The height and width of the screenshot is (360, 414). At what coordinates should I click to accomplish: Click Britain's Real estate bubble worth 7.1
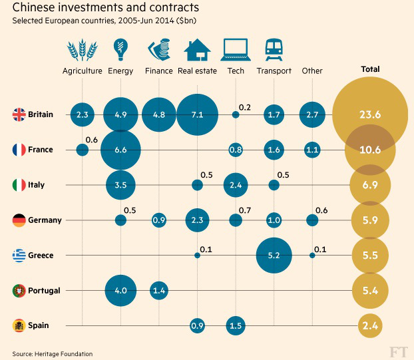[x=197, y=114]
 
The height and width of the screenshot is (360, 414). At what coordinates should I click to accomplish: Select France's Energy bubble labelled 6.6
[x=120, y=150]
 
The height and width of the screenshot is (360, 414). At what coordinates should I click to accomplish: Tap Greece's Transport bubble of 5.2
[x=274, y=255]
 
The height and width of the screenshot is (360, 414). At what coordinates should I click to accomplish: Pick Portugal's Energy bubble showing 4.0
[x=120, y=291]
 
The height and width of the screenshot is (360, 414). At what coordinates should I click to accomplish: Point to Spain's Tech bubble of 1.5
[x=235, y=325]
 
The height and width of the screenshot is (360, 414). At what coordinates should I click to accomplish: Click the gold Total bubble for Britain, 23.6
[x=369, y=114]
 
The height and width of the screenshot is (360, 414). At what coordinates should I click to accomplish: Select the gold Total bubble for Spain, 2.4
[x=369, y=325]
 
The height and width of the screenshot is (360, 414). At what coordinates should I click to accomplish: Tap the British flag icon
[x=19, y=114]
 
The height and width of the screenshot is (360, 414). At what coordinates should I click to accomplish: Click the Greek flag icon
[x=19, y=255]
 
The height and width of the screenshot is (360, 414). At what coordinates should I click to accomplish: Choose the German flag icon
[x=19, y=220]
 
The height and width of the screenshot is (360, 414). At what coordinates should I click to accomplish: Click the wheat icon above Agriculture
[x=82, y=50]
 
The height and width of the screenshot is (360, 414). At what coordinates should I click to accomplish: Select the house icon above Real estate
[x=197, y=50]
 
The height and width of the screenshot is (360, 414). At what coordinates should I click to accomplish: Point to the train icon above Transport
[x=274, y=50]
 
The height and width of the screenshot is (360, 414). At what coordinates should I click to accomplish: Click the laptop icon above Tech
[x=235, y=51]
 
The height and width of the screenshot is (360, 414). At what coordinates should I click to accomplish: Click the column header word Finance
[x=158, y=71]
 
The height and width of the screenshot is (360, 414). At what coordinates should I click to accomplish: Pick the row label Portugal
[x=45, y=291]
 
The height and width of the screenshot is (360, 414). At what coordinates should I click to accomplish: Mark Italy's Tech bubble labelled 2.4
[x=235, y=185]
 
